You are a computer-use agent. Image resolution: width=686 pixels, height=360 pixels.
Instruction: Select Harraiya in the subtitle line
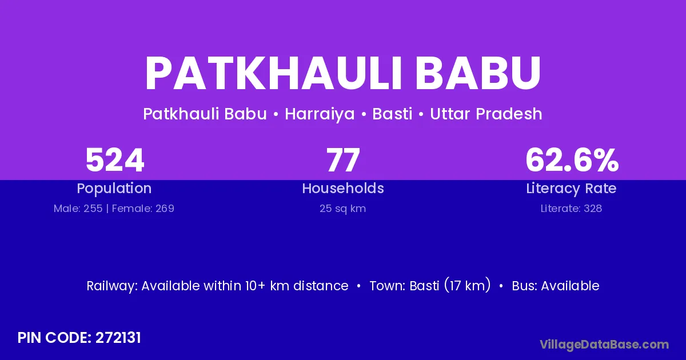[320, 114]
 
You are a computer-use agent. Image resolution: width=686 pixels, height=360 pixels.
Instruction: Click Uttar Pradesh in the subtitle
[486, 114]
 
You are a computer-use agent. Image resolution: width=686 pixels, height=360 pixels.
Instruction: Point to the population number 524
[114, 160]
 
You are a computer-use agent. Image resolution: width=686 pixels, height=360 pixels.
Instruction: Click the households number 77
[343, 160]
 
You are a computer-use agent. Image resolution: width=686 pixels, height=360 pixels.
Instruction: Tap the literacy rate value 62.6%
[572, 160]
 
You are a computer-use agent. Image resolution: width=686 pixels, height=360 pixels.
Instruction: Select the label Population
[114, 189]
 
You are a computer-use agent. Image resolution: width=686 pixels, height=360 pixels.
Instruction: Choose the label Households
[343, 188]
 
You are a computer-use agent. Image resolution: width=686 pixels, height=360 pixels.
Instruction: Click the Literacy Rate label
[571, 189]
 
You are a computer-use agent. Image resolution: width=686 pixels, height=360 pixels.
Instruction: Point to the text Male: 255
[78, 209]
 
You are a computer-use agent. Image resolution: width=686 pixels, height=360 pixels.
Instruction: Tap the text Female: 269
[143, 209]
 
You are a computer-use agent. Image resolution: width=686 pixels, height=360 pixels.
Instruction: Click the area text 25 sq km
[342, 209]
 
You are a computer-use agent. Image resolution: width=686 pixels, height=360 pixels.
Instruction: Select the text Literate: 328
[571, 209]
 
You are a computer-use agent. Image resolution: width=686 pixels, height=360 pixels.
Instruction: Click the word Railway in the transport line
[112, 286]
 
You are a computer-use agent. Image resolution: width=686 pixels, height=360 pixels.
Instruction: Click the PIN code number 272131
[118, 338]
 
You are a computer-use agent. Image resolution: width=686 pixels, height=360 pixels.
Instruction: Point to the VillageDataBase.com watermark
[604, 345]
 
